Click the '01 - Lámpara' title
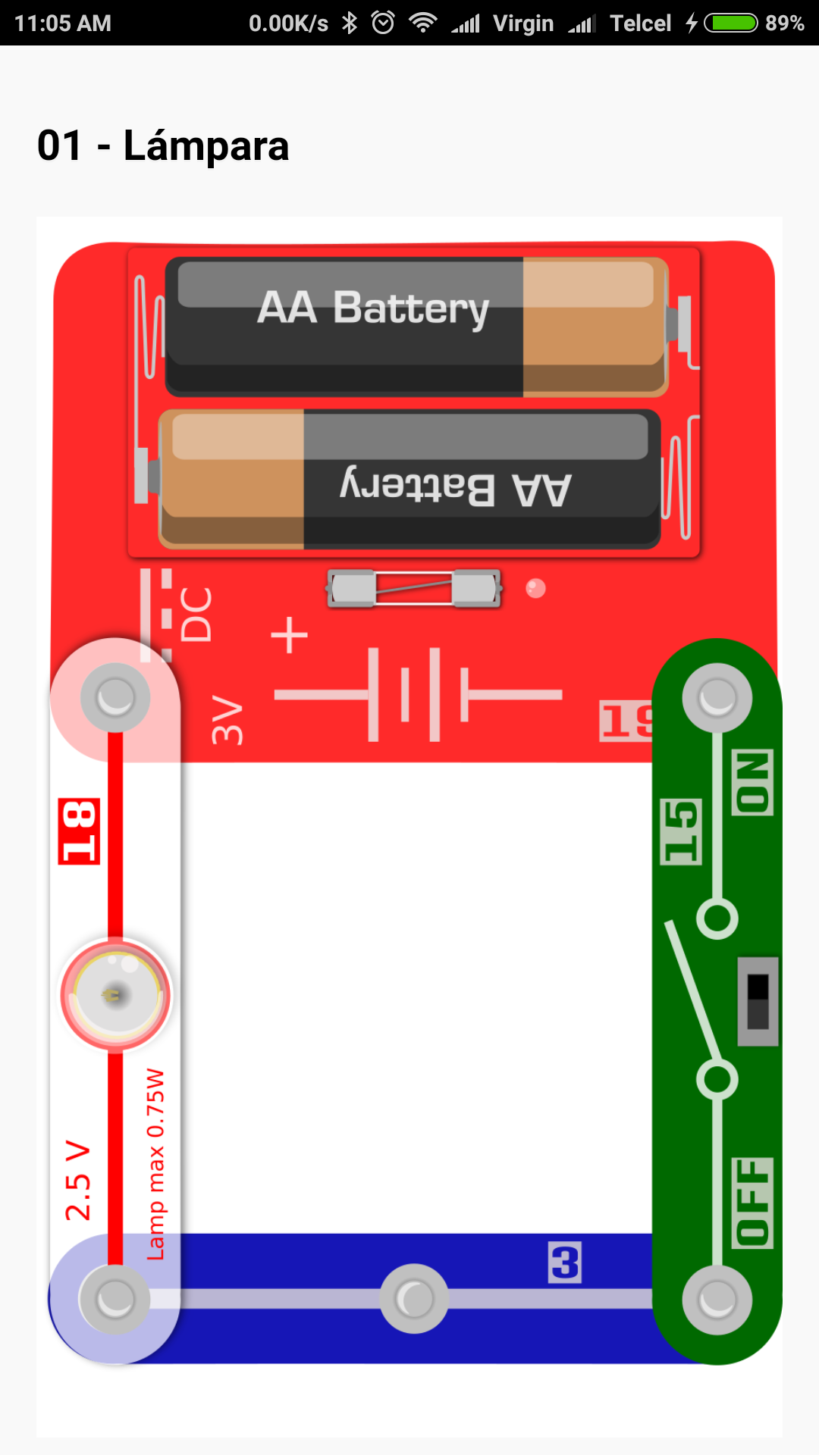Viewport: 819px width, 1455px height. tap(163, 145)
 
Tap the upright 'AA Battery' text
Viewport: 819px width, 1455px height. tap(373, 308)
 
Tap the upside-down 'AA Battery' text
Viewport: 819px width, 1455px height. tap(456, 487)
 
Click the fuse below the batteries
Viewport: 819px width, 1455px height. tap(414, 588)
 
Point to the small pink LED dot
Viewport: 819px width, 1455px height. tap(535, 588)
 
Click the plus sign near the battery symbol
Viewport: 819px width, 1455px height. tap(290, 635)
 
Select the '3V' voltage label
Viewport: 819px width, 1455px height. tap(227, 720)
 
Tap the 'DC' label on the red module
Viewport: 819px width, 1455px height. tap(196, 614)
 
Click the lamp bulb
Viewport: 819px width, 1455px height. tap(115, 994)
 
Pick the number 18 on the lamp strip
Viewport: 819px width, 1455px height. tap(79, 831)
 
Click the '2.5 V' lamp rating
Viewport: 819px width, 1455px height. tap(77, 1179)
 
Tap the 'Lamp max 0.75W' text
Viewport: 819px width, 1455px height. tap(155, 1164)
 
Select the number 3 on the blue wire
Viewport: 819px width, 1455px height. tap(565, 1263)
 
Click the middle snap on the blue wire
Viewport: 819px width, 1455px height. tap(414, 1299)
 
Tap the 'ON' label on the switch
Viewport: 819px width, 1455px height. tap(752, 782)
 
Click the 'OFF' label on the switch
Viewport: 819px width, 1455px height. tap(752, 1202)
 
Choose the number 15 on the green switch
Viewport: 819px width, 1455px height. tap(681, 831)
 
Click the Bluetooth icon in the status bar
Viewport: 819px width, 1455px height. tap(349, 23)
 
